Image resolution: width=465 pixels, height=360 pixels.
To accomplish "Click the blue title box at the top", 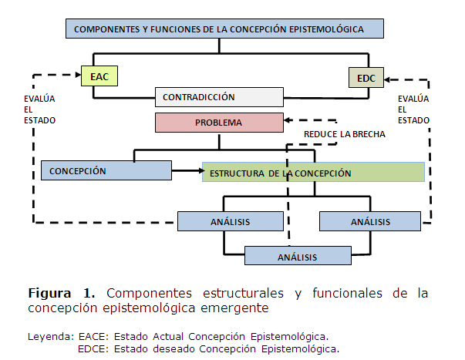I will coord(219,29).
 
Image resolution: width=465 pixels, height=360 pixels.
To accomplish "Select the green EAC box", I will coord(100,76).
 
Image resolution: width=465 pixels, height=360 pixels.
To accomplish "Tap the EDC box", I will coord(366,77).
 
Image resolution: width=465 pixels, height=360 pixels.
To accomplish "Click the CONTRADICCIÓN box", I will coord(219,97).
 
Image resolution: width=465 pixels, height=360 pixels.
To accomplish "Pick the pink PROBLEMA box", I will coord(219,123).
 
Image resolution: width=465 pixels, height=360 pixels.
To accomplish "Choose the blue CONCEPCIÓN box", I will coord(106,170).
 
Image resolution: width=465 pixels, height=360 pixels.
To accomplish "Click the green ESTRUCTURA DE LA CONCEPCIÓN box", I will coord(313,173).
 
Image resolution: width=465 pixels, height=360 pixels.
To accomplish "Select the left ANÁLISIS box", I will coord(230,221).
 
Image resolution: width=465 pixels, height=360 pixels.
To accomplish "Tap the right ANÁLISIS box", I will coord(370,221).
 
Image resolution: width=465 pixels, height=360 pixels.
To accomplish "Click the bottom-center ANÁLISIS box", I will coord(297,256).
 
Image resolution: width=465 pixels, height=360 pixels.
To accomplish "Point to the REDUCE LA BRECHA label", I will coord(345,133).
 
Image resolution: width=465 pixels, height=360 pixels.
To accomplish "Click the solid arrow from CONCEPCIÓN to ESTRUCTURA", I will coord(187,170).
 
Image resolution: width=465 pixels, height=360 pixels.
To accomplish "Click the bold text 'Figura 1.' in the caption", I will coord(62,294).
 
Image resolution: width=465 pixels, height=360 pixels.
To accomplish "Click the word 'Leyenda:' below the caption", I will coord(50,337).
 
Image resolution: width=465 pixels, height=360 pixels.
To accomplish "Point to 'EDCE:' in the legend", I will coord(93,348).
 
